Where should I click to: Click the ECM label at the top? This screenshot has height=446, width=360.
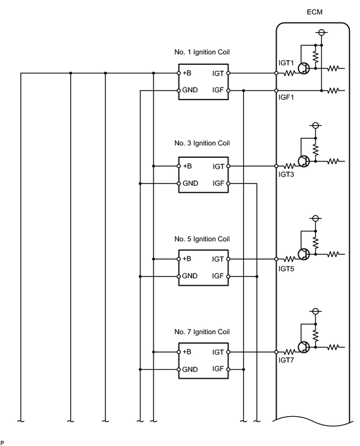(315, 12)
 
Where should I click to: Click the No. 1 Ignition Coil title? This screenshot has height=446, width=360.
(202, 52)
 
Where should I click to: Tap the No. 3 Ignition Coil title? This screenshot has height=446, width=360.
(202, 143)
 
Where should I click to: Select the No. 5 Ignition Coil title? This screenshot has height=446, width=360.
(202, 239)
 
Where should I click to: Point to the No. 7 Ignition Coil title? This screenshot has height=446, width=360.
(202, 332)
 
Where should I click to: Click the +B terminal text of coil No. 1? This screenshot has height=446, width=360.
(187, 73)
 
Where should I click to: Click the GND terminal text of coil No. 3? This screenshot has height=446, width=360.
(190, 183)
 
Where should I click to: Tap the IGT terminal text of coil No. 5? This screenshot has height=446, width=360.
(218, 259)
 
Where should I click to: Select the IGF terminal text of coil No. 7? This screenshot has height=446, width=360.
(218, 369)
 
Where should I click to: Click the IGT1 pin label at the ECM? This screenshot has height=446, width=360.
(286, 63)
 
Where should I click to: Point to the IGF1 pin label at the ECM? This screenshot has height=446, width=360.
(286, 97)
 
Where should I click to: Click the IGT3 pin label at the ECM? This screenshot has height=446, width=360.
(286, 174)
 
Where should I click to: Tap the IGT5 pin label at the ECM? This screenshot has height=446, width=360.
(286, 269)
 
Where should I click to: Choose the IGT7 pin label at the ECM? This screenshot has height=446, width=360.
(286, 360)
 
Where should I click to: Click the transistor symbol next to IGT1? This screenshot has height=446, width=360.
(303, 68)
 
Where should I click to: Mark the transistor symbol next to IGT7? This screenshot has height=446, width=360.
(303, 347)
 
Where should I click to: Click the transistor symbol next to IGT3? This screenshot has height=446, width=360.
(303, 161)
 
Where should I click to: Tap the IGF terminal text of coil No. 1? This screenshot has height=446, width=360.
(218, 90)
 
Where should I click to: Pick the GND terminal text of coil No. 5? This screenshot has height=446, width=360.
(190, 276)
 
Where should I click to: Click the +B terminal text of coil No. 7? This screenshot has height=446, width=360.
(187, 352)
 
